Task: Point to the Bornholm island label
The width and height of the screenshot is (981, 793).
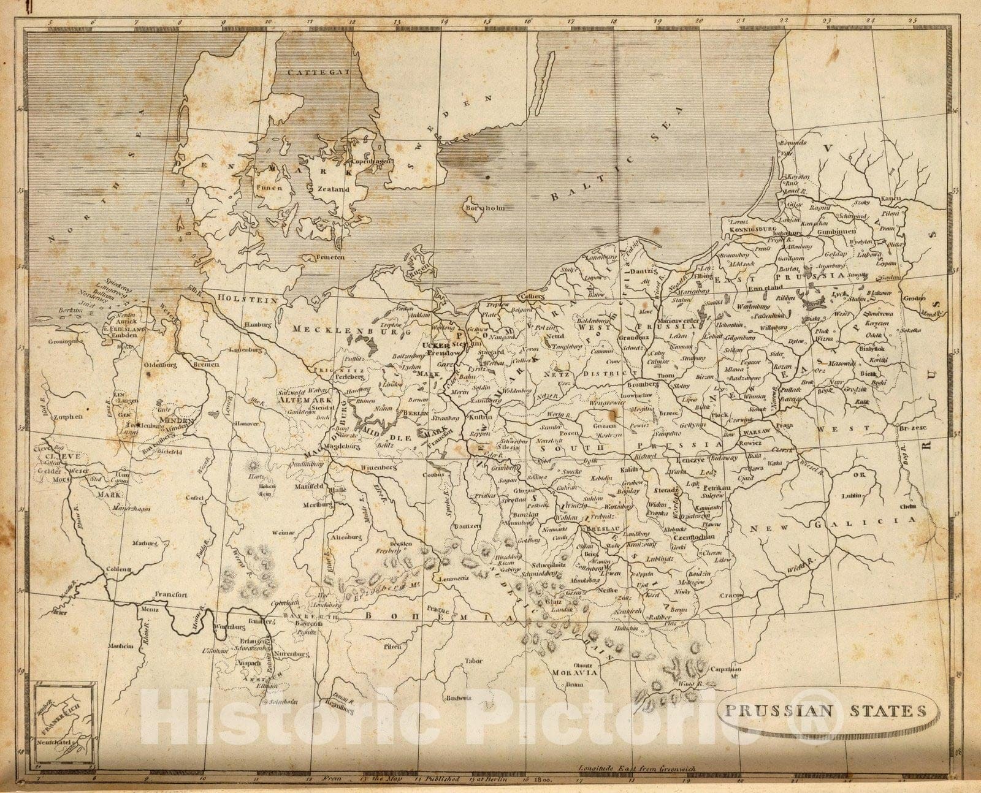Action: pyautogui.click(x=485, y=208)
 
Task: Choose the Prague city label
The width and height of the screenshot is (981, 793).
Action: pyautogui.click(x=440, y=610)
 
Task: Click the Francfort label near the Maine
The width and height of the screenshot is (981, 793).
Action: pyautogui.click(x=170, y=594)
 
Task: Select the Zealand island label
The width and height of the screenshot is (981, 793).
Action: pyautogui.click(x=333, y=189)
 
